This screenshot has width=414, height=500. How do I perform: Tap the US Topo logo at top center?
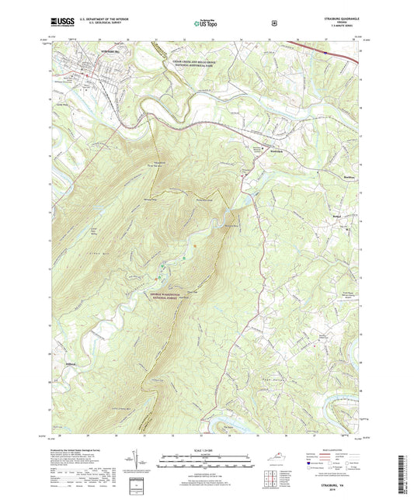pos(205,24)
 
